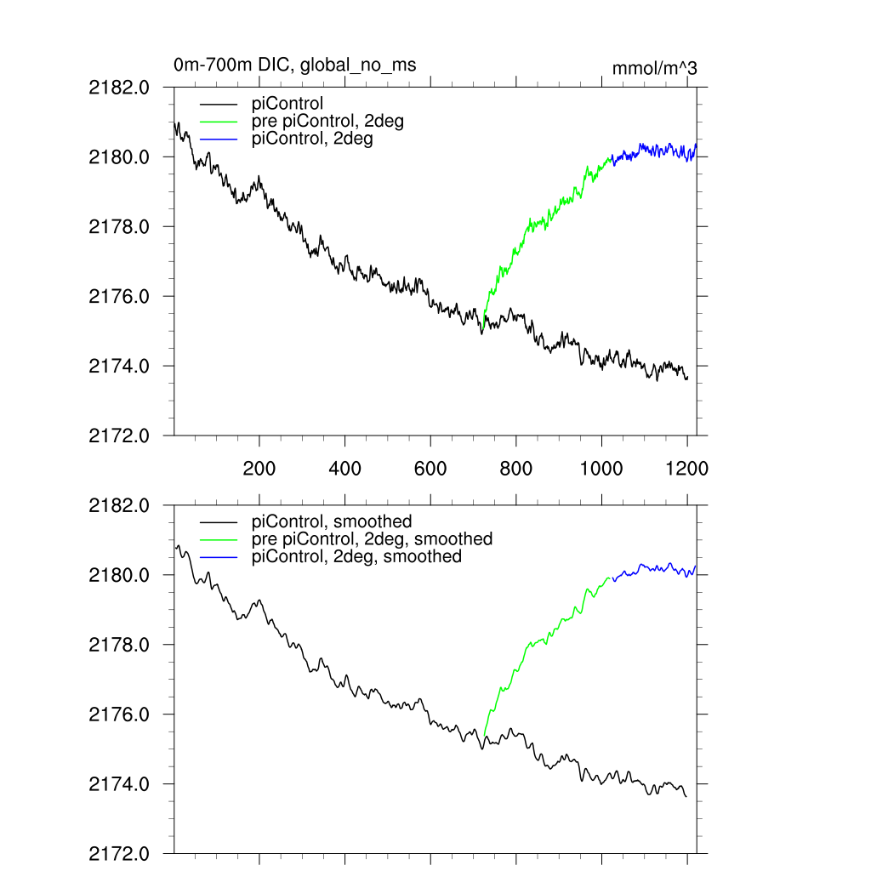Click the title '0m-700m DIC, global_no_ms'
(294, 65)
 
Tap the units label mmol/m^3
(654, 69)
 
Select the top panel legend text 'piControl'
(287, 105)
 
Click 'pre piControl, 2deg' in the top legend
(327, 122)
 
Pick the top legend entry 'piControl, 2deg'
(312, 139)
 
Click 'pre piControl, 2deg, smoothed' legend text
(372, 539)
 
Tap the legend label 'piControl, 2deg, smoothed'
(356, 556)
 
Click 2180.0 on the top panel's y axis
(119, 157)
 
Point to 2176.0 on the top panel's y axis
(119, 297)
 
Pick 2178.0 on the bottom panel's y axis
(119, 645)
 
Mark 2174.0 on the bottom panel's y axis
(119, 784)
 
